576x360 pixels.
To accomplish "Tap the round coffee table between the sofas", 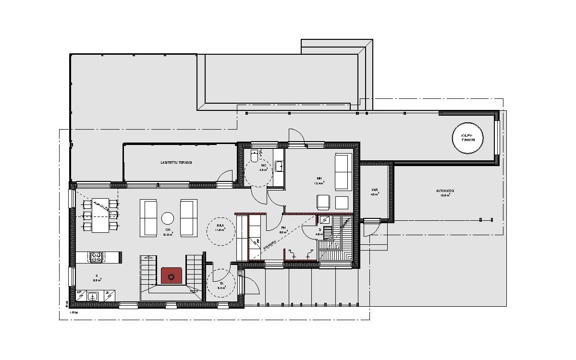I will pos(168,218).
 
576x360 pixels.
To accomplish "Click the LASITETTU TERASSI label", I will pos(176,163).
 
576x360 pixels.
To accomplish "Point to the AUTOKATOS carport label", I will pos(445,191).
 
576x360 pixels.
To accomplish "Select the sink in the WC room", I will pos(279,167).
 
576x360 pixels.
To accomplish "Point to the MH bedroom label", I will pos(319,178).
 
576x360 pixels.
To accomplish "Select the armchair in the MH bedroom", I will pos(323,203).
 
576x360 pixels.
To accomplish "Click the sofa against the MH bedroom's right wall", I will pos(343,171).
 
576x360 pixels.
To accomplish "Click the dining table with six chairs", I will pos(101,215).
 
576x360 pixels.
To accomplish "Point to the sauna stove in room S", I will pos(325,220).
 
